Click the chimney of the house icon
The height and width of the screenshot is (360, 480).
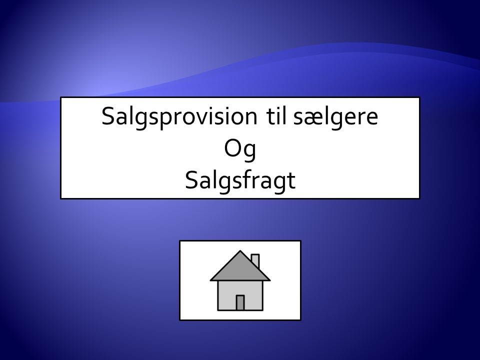pyautogui.click(x=255, y=261)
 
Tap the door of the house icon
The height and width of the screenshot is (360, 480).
pyautogui.click(x=240, y=303)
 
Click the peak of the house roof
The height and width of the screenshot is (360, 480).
pyautogui.click(x=240, y=250)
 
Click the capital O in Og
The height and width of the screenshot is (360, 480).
pyautogui.click(x=232, y=148)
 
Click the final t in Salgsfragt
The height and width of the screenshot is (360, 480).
pyautogui.click(x=291, y=181)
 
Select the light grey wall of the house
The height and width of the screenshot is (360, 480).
pyautogui.click(x=240, y=295)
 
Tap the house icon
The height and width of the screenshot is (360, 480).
pyautogui.click(x=240, y=280)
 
